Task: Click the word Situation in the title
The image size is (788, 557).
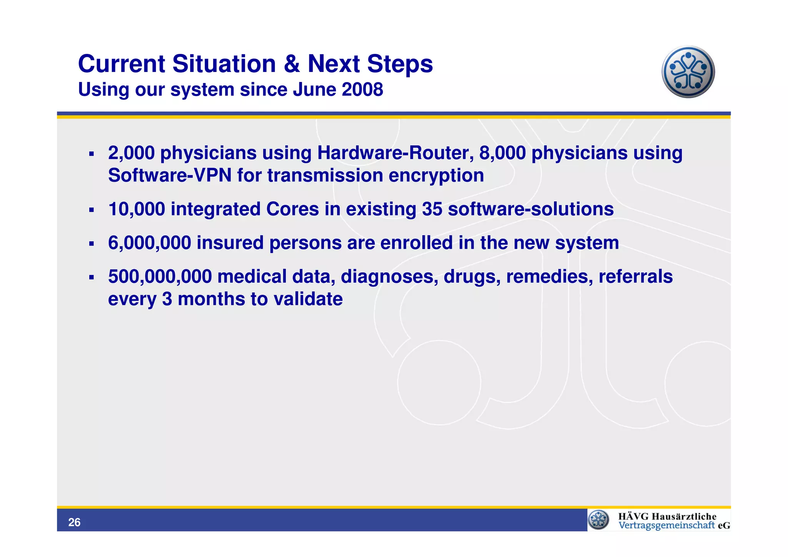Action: (224, 64)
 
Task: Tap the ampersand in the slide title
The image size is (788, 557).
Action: (292, 64)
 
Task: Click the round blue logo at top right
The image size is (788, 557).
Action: (688, 72)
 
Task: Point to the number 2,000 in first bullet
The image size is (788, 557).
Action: (131, 153)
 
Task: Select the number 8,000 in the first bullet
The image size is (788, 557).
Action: (502, 153)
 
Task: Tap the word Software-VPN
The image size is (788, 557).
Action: (170, 176)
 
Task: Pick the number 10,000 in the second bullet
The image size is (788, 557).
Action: (137, 209)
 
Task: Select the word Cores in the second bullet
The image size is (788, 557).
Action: (292, 209)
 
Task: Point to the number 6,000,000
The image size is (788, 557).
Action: (149, 243)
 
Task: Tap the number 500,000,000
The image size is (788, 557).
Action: (160, 277)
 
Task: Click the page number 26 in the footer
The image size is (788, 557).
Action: (74, 522)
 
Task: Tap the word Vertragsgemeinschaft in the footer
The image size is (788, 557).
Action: (666, 525)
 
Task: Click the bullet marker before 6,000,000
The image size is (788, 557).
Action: (91, 244)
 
